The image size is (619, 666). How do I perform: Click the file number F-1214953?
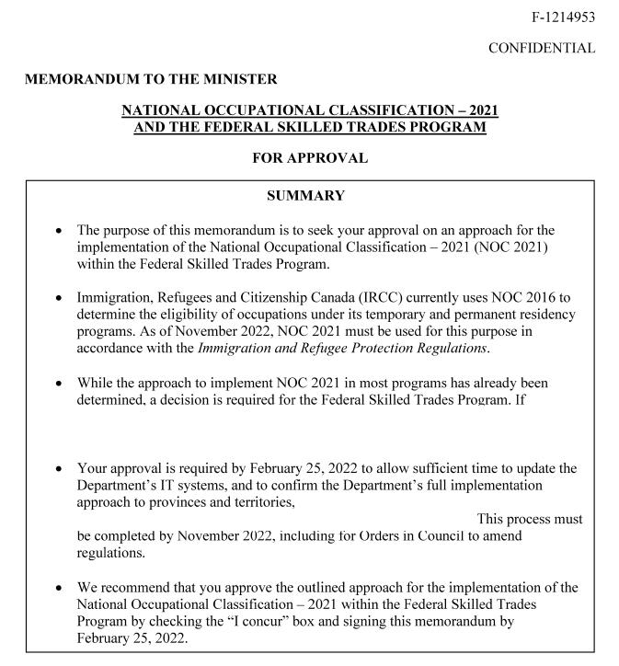click(563, 17)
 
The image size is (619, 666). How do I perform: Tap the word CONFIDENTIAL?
click(542, 48)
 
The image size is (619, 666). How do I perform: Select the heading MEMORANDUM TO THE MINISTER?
click(151, 80)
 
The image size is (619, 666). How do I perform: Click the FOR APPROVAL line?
click(310, 158)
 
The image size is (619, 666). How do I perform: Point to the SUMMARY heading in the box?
click(305, 196)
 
